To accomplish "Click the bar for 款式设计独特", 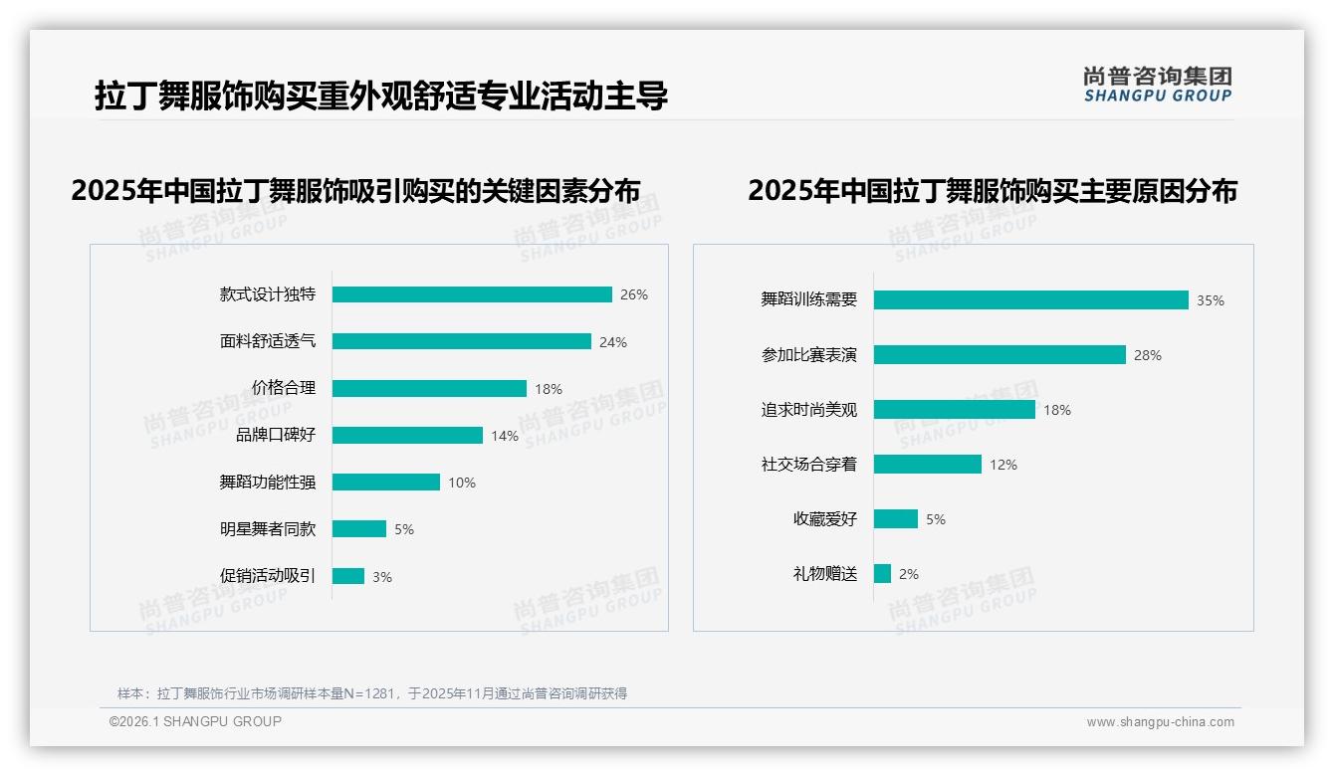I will pyautogui.click(x=472, y=294).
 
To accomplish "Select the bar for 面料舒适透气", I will pyautogui.click(x=462, y=341).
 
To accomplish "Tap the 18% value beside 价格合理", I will pyautogui.click(x=549, y=389).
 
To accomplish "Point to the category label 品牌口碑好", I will pyautogui.click(x=276, y=435).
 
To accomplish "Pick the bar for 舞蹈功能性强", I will pyautogui.click(x=386, y=483).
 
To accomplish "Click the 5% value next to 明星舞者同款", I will pyautogui.click(x=403, y=529).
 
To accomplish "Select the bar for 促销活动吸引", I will pyautogui.click(x=348, y=576).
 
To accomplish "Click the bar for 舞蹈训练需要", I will pyautogui.click(x=1030, y=300).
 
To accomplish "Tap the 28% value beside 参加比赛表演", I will pyautogui.click(x=1147, y=355).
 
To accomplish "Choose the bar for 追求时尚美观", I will pyautogui.click(x=955, y=410).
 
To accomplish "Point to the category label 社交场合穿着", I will pyautogui.click(x=808, y=465).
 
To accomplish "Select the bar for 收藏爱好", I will pyautogui.click(x=896, y=519).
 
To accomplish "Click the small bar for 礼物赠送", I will pyautogui.click(x=882, y=574).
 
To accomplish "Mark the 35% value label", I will pyautogui.click(x=1210, y=300).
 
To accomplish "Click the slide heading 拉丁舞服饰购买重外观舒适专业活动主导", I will pyautogui.click(x=380, y=97).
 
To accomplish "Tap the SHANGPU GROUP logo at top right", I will pyautogui.click(x=1157, y=85).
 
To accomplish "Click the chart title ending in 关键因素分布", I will pyautogui.click(x=355, y=191).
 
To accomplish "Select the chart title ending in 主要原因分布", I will pyautogui.click(x=992, y=191).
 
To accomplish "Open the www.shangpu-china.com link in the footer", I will pyautogui.click(x=1160, y=722).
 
